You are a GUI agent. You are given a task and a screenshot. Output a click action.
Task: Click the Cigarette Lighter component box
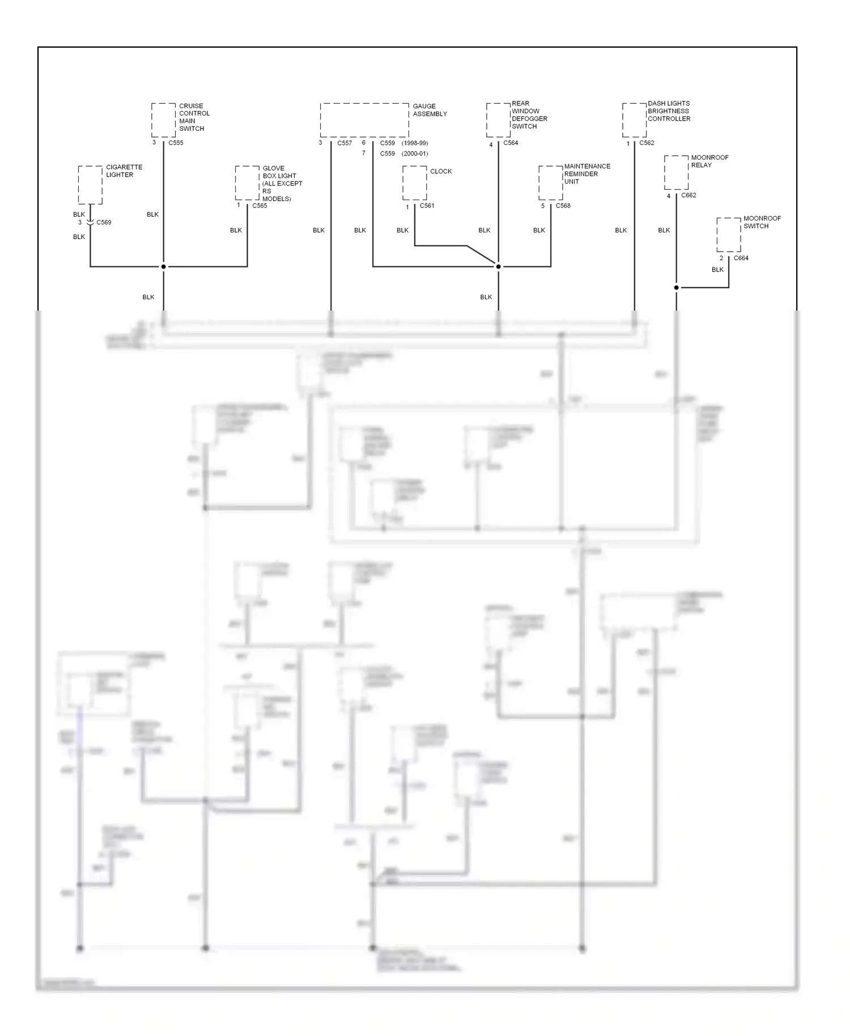[90, 185]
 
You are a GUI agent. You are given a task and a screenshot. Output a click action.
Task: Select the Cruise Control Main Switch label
[194, 117]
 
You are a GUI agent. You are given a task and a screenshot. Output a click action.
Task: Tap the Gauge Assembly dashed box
[364, 120]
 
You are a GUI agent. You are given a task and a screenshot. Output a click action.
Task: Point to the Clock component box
[415, 183]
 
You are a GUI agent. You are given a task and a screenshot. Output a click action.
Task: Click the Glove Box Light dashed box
[247, 183]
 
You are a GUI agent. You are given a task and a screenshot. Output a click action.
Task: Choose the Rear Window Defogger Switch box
[498, 120]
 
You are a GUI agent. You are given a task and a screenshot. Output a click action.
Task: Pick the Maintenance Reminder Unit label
[586, 174]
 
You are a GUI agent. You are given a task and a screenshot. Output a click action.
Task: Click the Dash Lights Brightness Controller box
[634, 120]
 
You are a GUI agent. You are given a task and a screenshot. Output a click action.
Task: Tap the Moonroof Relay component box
[676, 173]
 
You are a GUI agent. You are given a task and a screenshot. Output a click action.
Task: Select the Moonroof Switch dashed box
[728, 235]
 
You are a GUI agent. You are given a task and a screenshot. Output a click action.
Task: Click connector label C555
[176, 143]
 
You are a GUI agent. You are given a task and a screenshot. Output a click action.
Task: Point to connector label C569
[104, 223]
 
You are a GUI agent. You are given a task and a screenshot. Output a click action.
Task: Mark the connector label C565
[260, 206]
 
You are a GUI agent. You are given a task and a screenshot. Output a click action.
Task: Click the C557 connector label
[345, 143]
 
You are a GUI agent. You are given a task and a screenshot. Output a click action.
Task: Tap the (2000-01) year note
[415, 154]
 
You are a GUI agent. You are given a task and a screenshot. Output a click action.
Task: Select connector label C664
[741, 258]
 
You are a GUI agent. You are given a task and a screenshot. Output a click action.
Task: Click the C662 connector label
[688, 196]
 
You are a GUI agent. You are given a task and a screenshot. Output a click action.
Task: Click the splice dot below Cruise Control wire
[163, 266]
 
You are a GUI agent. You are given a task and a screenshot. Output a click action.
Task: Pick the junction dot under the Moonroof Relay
[676, 287]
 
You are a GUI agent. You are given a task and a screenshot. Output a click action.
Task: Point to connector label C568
[563, 206]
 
